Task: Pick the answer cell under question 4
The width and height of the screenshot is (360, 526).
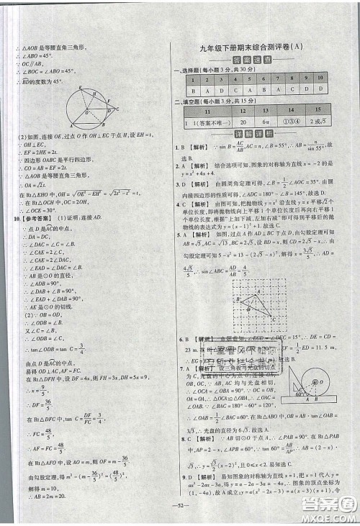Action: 245,91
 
